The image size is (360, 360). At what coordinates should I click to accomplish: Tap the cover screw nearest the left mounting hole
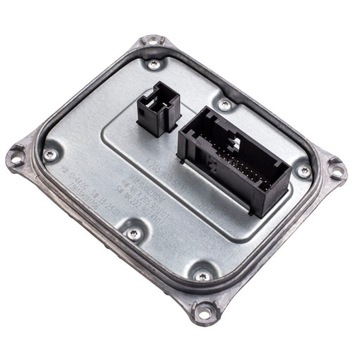49,155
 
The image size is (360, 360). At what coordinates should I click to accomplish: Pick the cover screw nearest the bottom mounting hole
203,273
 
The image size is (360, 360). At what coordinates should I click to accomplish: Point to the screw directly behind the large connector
226,104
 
